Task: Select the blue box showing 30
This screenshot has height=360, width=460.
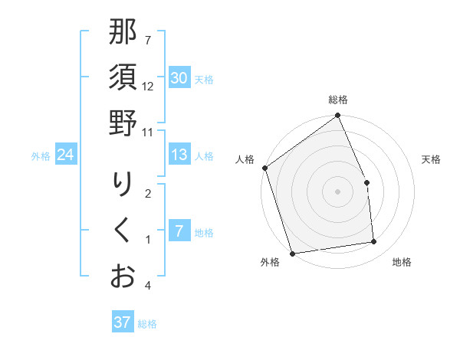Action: (x=179, y=78)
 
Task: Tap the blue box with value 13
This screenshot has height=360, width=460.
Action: (x=179, y=155)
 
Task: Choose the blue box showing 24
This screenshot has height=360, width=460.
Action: (x=65, y=155)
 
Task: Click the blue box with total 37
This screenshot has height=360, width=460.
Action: (x=122, y=322)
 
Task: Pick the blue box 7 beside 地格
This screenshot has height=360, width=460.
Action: (x=179, y=231)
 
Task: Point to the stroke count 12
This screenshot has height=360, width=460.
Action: (x=149, y=86)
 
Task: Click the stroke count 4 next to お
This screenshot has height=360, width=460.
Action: (x=148, y=286)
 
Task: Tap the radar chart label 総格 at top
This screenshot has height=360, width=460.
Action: (x=338, y=100)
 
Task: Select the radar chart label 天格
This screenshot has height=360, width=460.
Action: (x=431, y=159)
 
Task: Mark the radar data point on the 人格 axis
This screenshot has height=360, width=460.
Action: (x=264, y=168)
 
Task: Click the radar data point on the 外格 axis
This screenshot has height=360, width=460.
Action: (x=292, y=253)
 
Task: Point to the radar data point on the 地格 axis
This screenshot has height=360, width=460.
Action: (x=374, y=242)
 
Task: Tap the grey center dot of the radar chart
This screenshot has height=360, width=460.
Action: (x=337, y=191)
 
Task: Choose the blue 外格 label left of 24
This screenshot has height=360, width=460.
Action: (x=41, y=156)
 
